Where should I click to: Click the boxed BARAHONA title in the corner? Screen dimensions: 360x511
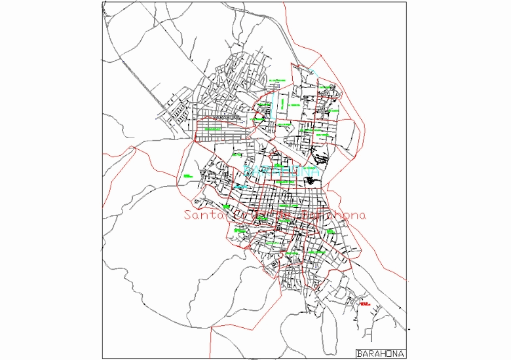click(381, 353)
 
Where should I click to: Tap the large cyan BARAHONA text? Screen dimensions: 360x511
click(281, 171)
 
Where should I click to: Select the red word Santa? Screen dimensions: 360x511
click(203, 215)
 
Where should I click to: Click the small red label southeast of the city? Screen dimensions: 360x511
click(364, 304)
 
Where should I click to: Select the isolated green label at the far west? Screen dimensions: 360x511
click(187, 175)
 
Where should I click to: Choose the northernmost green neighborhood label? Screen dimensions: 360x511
click(278, 81)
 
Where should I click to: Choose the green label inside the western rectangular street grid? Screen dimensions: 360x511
click(213, 129)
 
